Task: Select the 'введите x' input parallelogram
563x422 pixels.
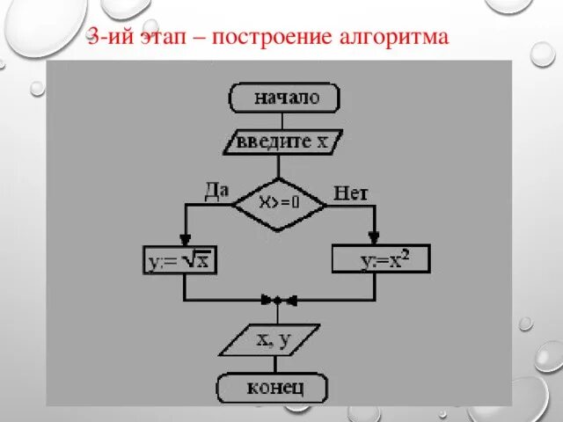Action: pyautogui.click(x=284, y=141)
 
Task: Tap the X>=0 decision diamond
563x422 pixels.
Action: pyautogui.click(x=279, y=201)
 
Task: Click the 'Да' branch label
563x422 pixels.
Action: pyautogui.click(x=217, y=187)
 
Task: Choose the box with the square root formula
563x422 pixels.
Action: pyautogui.click(x=183, y=260)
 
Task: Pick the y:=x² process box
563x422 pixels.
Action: pyautogui.click(x=381, y=258)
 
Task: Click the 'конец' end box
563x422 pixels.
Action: pyautogui.click(x=273, y=387)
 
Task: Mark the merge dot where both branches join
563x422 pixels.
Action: pyautogui.click(x=277, y=300)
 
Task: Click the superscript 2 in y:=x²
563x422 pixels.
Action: pyautogui.click(x=406, y=253)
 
